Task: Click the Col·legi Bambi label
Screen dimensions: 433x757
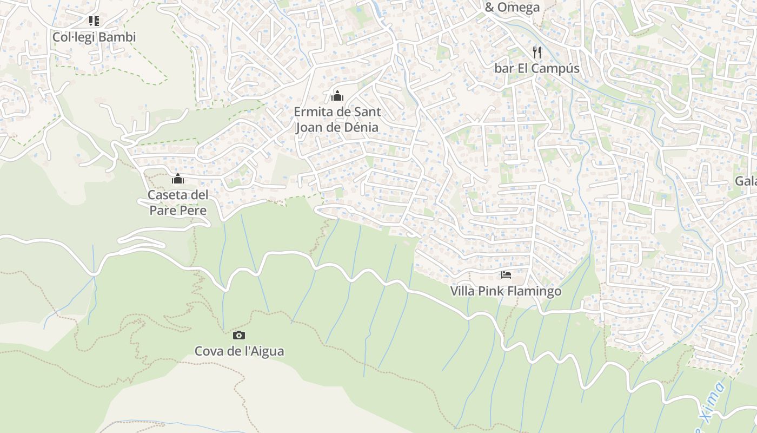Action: [x=94, y=37]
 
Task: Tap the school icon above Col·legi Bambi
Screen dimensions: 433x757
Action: [x=94, y=21]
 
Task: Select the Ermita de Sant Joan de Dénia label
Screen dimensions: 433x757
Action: [x=337, y=120]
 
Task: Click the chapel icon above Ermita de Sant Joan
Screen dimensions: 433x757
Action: [x=337, y=96]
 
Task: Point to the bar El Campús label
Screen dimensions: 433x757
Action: [x=536, y=68]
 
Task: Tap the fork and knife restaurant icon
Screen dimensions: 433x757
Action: [x=537, y=52]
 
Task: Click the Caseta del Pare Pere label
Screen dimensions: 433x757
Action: [x=178, y=202]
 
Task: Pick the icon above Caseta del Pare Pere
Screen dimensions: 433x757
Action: [x=178, y=179]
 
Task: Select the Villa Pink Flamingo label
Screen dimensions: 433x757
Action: [x=506, y=291]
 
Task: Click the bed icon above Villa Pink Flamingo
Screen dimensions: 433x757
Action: [x=506, y=275]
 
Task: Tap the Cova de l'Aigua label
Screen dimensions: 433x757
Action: [x=239, y=351]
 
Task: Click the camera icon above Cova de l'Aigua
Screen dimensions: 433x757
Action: [x=239, y=336]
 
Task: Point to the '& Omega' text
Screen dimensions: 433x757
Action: [x=512, y=7]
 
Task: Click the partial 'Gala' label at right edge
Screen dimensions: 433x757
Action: [x=746, y=181]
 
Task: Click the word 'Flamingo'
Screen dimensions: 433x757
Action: [x=534, y=291]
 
